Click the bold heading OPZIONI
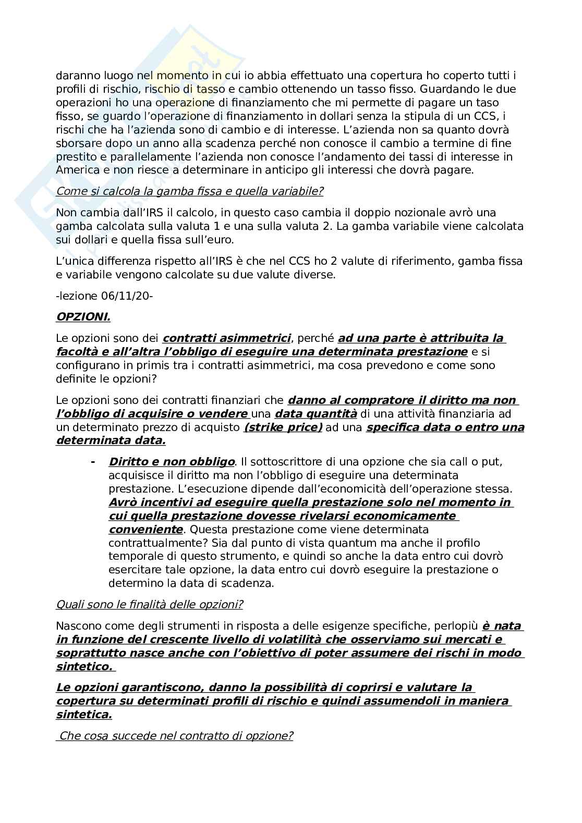coord(83,317)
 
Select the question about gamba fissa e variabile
coord(189,191)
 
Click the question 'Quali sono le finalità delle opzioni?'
coord(149,605)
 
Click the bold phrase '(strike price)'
coord(283,427)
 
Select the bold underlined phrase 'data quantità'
coord(316,414)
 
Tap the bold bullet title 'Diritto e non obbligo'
coord(171,462)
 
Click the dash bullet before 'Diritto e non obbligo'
coord(93,462)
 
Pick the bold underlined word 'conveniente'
coord(145,530)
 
